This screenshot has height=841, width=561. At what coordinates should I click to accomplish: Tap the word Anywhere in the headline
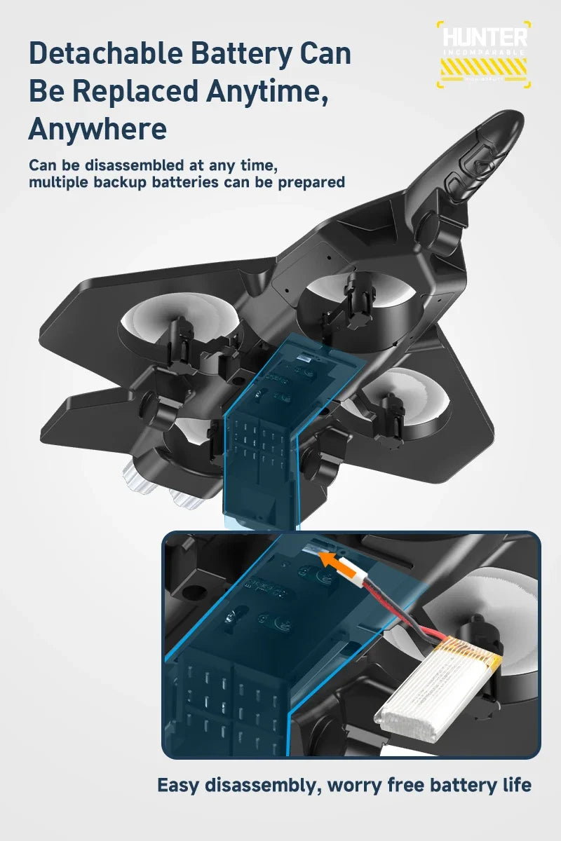pyautogui.click(x=97, y=129)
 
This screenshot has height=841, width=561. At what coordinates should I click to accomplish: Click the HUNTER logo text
pyautogui.click(x=484, y=37)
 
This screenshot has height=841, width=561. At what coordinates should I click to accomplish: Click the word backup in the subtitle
pyautogui.click(x=158, y=182)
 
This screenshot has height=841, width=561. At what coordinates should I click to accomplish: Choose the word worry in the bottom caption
pyautogui.click(x=356, y=785)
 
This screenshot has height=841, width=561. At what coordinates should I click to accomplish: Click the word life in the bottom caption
pyautogui.click(x=515, y=785)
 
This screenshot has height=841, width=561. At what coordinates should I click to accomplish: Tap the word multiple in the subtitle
pyautogui.click(x=60, y=182)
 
